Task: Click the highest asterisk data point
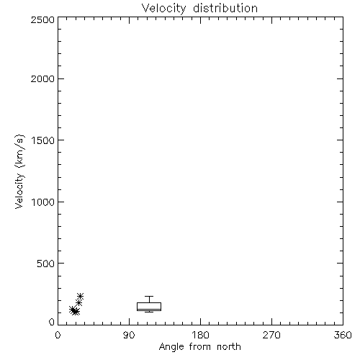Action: pyautogui.click(x=80, y=297)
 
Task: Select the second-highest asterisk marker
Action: pyautogui.click(x=78, y=303)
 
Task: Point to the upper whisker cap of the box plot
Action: pyautogui.click(x=149, y=297)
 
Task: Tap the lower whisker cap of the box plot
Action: pyautogui.click(x=149, y=312)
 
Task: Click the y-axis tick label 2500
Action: pyautogui.click(x=42, y=20)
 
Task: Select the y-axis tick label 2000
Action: pyautogui.click(x=42, y=78)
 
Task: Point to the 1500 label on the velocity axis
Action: pyautogui.click(x=43, y=140)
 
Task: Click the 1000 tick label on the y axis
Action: pyautogui.click(x=43, y=202)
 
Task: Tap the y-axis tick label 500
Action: pyautogui.click(x=46, y=264)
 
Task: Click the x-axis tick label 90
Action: pyautogui.click(x=129, y=335)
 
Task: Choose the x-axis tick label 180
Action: pyautogui.click(x=200, y=335)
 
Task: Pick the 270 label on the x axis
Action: pyautogui.click(x=271, y=335)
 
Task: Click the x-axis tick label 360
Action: pyautogui.click(x=343, y=335)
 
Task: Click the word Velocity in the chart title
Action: pyautogui.click(x=164, y=9)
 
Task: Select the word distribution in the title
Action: pyautogui.click(x=225, y=8)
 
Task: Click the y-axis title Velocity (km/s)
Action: pyautogui.click(x=19, y=171)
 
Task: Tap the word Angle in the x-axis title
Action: pyautogui.click(x=171, y=347)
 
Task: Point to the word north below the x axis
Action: pyautogui.click(x=229, y=347)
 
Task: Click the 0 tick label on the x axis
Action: pyautogui.click(x=58, y=335)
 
